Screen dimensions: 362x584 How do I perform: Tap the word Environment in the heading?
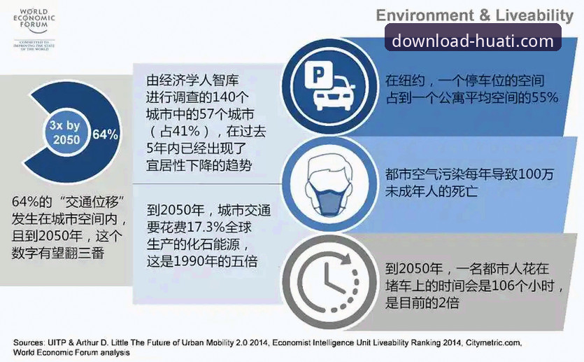point(418,15)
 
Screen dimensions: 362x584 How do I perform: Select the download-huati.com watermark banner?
point(473,41)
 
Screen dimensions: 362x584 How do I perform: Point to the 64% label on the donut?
point(106,134)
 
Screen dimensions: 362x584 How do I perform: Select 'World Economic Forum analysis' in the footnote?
point(71,353)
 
